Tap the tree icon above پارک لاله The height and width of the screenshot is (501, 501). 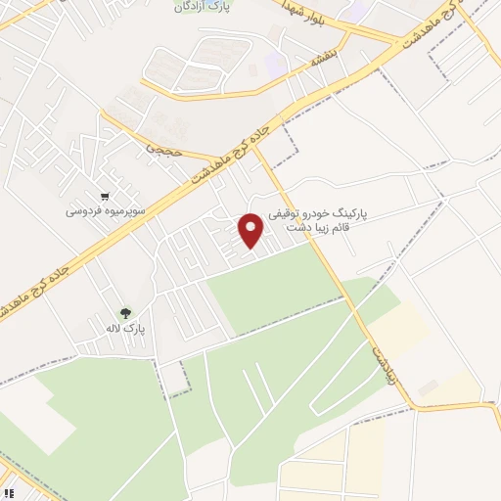(126, 313)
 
